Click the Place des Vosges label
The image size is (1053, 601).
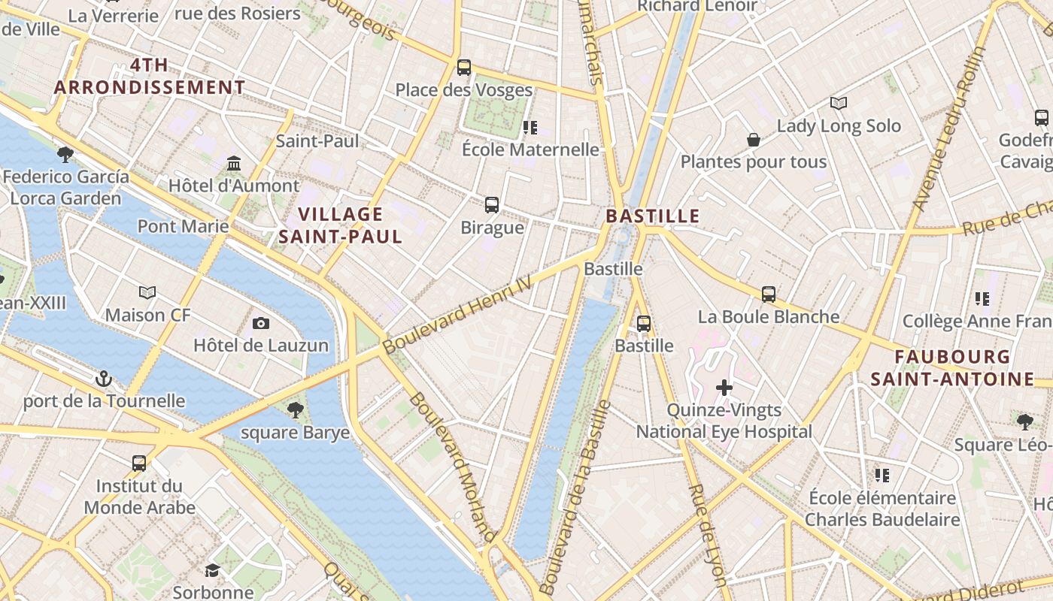coord(464,90)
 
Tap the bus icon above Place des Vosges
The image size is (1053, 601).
coord(464,68)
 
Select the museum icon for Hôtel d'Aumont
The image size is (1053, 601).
coord(234,164)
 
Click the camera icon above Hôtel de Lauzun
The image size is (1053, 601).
coord(261,324)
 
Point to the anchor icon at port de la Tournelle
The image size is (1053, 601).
coord(104,379)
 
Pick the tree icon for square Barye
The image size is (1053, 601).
coord(296,410)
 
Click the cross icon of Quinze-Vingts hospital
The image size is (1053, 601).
coord(724,388)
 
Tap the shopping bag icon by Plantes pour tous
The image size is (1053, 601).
coord(753,140)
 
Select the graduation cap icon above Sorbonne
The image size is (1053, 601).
coord(212,571)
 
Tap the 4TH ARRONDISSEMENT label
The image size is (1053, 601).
coord(150,77)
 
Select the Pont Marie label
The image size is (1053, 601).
coord(183,226)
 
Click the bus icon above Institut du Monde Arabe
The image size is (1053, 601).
coord(139,463)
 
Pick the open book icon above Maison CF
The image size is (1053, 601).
coord(147,292)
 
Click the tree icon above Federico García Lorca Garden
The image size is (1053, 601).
coord(65,155)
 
